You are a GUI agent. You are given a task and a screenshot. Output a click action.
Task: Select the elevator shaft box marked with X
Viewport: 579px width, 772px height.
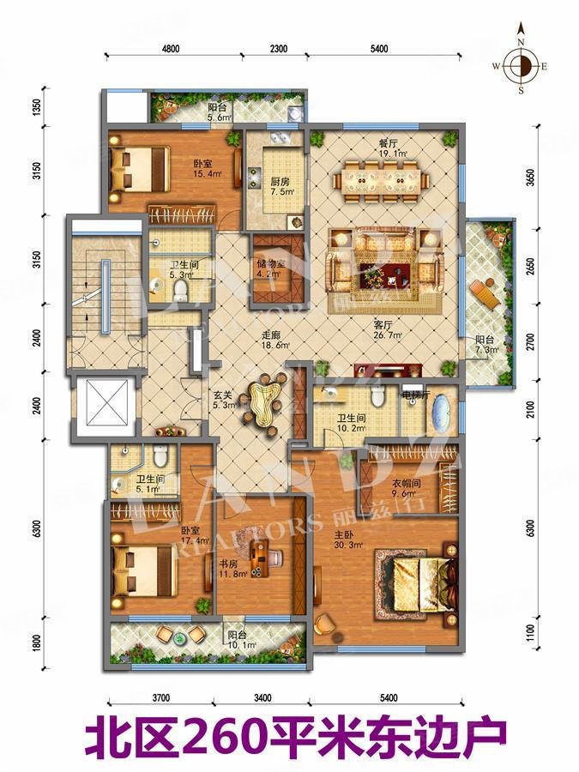tap(101, 407)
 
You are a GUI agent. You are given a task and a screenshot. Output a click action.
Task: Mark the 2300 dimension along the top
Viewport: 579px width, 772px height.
tap(277, 50)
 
